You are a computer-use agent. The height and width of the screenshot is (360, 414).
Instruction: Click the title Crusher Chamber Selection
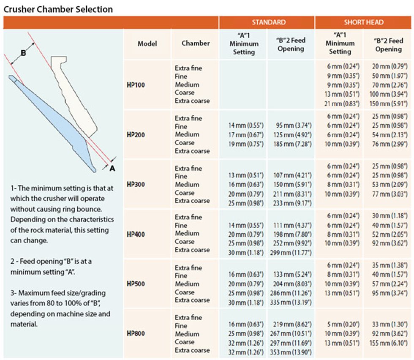[58, 9]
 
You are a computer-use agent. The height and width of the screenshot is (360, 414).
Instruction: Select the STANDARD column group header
[269, 22]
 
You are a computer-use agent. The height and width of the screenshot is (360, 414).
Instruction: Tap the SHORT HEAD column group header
[364, 22]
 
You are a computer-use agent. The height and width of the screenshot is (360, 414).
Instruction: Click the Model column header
[147, 43]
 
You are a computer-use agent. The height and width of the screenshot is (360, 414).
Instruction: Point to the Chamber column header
[196, 43]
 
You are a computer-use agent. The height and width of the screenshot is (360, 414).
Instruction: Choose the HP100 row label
[136, 85]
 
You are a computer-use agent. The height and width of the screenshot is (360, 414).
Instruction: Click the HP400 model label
[136, 234]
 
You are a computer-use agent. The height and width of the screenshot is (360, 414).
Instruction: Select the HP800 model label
[136, 334]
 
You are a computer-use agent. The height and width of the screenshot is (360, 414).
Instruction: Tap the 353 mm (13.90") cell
[291, 350]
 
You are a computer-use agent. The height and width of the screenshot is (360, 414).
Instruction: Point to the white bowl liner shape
[78, 97]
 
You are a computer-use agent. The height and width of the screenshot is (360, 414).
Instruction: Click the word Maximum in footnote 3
[36, 293]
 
